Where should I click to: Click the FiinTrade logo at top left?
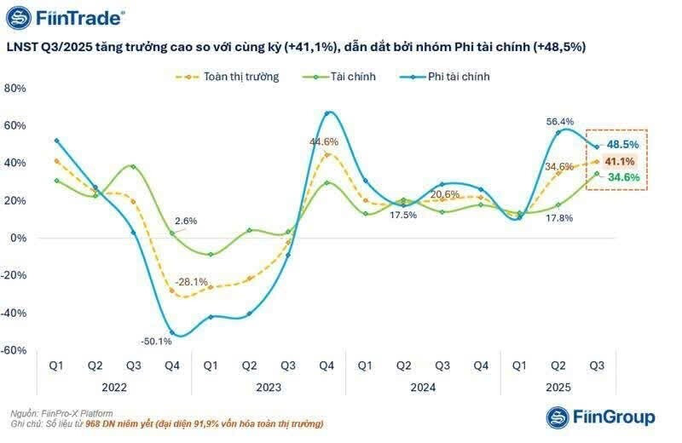click(66, 17)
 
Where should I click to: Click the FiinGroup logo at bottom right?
click(600, 417)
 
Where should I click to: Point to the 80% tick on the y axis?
click(16, 89)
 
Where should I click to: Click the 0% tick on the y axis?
click(19, 239)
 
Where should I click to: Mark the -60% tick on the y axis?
click(14, 350)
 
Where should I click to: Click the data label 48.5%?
click(622, 145)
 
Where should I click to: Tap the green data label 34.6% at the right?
click(622, 177)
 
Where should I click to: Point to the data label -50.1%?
click(155, 342)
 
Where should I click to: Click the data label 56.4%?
click(560, 122)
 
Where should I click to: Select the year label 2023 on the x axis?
click(269, 386)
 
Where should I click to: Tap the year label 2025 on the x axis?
click(558, 386)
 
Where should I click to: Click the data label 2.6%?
click(186, 221)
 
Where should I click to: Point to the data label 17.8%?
click(559, 218)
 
